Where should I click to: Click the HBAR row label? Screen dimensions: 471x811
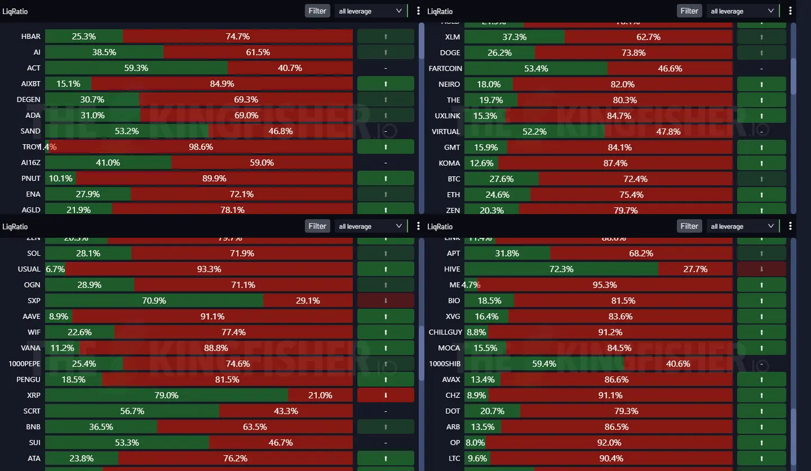pyautogui.click(x=30, y=37)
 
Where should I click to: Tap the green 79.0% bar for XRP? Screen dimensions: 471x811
pyautogui.click(x=166, y=396)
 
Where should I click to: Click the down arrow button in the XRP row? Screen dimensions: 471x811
pyautogui.click(x=385, y=396)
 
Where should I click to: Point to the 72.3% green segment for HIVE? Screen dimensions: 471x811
pyautogui.click(x=561, y=269)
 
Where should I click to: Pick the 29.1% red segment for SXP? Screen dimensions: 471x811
pyautogui.click(x=308, y=301)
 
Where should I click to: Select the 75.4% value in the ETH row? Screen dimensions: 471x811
pyautogui.click(x=631, y=195)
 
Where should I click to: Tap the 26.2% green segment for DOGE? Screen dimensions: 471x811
pyautogui.click(x=500, y=53)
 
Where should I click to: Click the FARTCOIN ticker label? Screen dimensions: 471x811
pyautogui.click(x=445, y=69)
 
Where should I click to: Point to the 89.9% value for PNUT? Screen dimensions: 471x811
pyautogui.click(x=214, y=179)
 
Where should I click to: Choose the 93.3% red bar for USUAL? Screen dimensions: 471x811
pyautogui.click(x=209, y=269)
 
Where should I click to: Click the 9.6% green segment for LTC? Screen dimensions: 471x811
pyautogui.click(x=476, y=459)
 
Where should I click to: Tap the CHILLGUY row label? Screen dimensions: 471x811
pyautogui.click(x=445, y=332)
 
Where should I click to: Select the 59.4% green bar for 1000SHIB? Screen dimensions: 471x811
pyautogui.click(x=544, y=364)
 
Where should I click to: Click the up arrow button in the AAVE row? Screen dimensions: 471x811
pyautogui.click(x=385, y=317)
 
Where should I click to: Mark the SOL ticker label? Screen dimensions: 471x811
pyautogui.click(x=33, y=254)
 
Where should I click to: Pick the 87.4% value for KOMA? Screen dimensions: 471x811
pyautogui.click(x=615, y=163)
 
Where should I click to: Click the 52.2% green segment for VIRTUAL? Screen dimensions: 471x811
pyautogui.click(x=534, y=132)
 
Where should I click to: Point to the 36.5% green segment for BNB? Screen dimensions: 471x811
pyautogui.click(x=101, y=427)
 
